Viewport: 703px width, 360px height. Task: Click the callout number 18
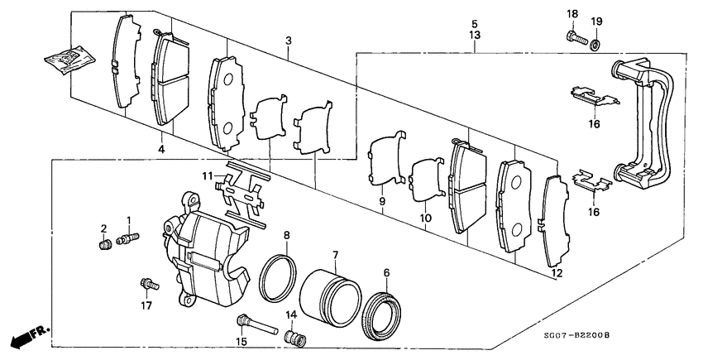click(x=571, y=14)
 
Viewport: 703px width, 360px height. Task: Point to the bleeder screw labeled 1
click(x=128, y=239)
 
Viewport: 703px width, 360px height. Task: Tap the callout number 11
click(x=210, y=175)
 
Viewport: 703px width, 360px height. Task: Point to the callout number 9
click(x=383, y=200)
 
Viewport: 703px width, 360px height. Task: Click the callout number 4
click(x=162, y=150)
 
